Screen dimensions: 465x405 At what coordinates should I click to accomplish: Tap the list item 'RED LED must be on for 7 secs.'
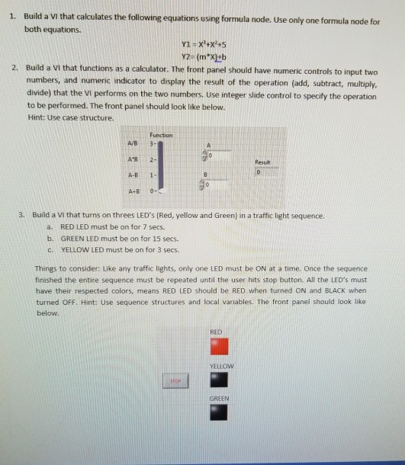pyautogui.click(x=114, y=227)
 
